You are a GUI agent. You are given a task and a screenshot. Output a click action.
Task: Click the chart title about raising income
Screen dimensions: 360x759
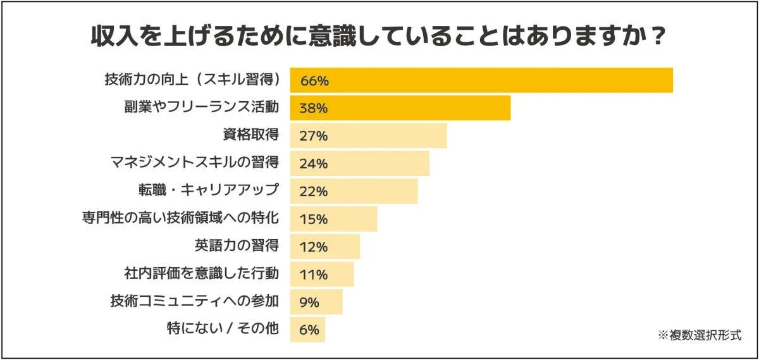(x=378, y=36)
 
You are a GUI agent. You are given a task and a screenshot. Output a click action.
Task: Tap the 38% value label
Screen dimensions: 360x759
(x=314, y=108)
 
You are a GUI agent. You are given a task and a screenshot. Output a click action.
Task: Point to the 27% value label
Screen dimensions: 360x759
(x=314, y=136)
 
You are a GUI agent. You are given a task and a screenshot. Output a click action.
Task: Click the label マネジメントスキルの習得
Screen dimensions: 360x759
(x=194, y=163)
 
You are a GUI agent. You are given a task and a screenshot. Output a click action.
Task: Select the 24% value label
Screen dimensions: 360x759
(x=314, y=164)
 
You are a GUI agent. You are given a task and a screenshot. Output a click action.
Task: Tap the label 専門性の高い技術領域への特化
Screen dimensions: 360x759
(x=180, y=218)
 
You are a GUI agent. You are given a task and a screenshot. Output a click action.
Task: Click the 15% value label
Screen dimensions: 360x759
(x=314, y=220)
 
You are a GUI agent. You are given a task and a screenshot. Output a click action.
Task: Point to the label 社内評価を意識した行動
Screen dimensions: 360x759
(x=201, y=274)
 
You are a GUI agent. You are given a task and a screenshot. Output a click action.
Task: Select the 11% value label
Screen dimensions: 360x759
(x=314, y=275)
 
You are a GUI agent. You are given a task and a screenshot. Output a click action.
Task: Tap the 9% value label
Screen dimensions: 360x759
(x=309, y=303)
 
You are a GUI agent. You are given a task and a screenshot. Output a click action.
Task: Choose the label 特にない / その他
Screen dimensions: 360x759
(x=223, y=330)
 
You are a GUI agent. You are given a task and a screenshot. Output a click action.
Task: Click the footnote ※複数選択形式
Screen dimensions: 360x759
(x=700, y=335)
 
